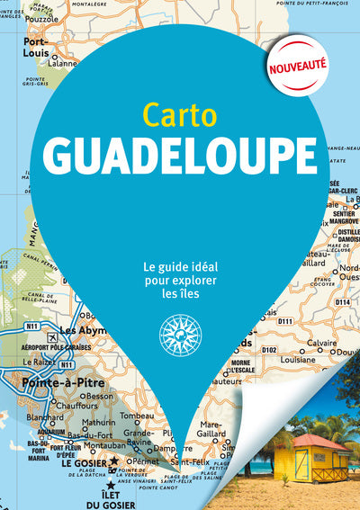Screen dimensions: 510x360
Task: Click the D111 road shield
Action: (285, 320)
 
